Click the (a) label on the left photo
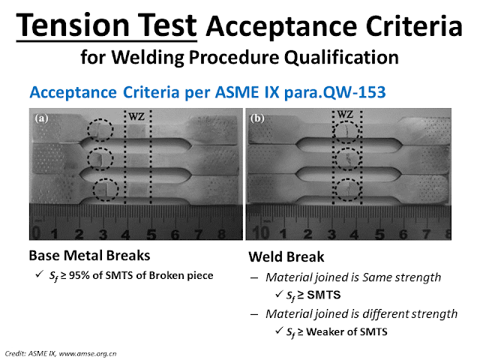point(42,118)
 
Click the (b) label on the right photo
point(259,118)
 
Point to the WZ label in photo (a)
point(136,118)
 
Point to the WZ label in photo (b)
point(345,115)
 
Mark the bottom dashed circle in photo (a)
point(106,190)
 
